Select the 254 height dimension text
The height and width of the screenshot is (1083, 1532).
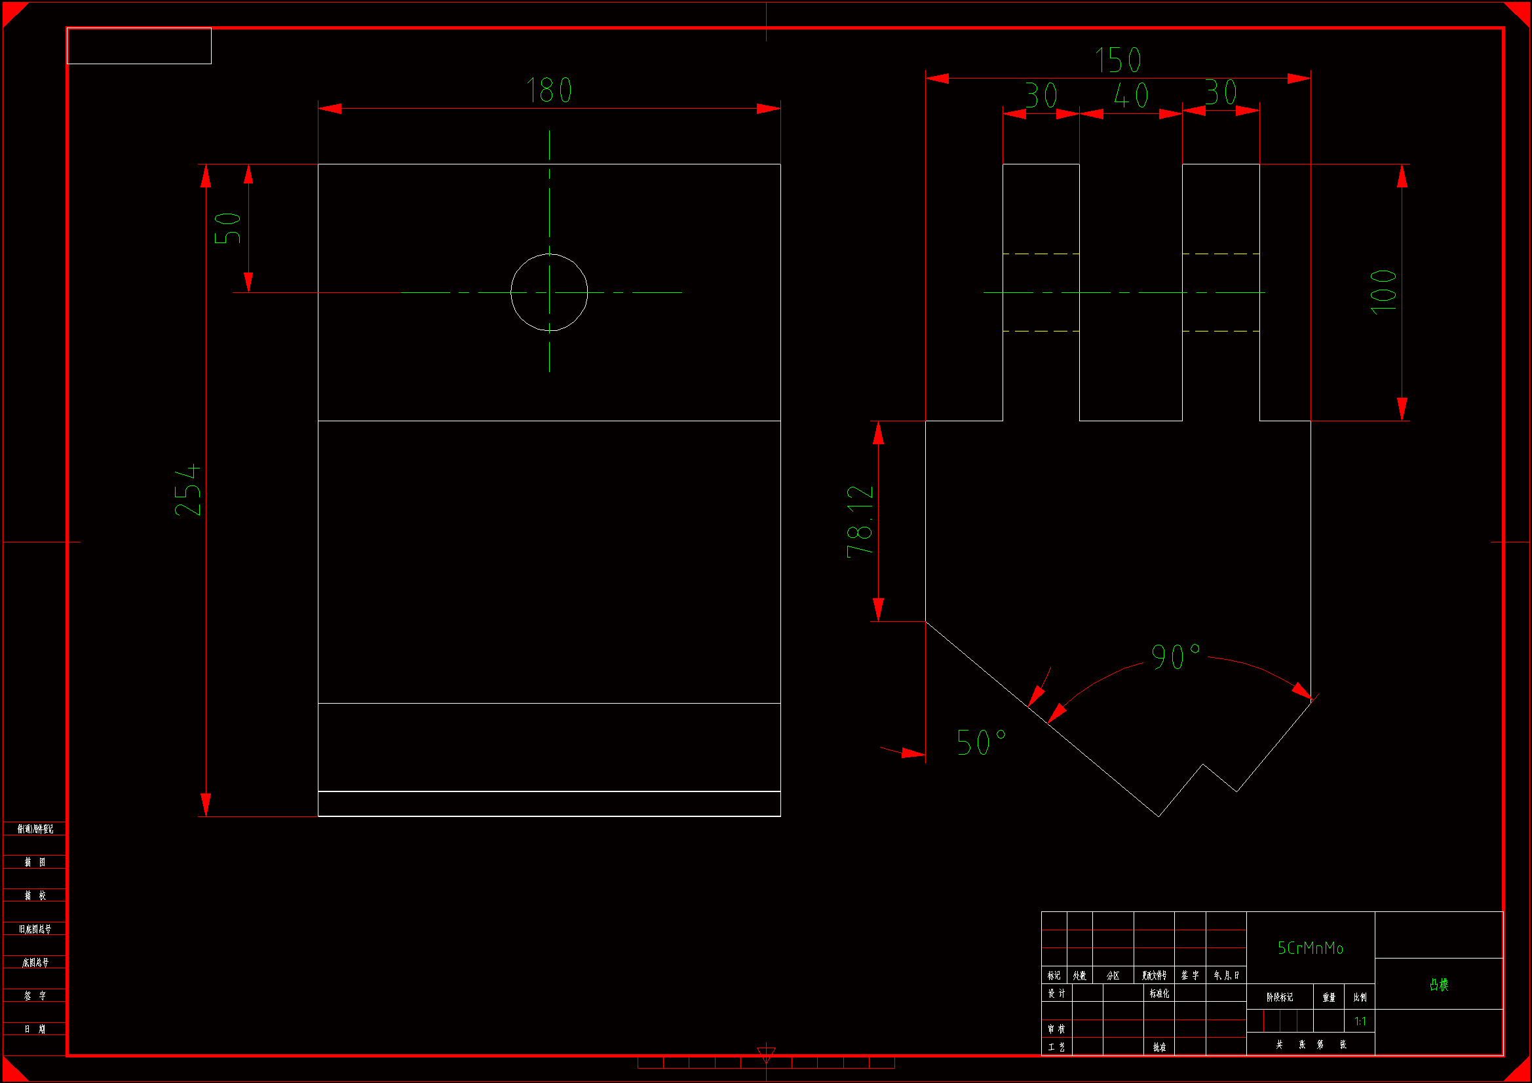187,490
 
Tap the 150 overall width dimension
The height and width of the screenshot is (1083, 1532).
1119,60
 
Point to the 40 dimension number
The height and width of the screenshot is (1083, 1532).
1131,96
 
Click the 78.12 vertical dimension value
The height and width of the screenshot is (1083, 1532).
860,521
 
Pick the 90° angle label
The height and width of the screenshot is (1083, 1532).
1176,656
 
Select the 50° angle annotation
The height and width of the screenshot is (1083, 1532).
981,742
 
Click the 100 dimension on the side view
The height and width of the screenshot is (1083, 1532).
1383,292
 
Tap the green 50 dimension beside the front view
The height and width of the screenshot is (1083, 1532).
227,228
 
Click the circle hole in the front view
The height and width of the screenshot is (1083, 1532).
549,292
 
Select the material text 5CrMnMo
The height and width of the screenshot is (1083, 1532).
1310,948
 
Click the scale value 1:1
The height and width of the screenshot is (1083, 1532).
1360,1021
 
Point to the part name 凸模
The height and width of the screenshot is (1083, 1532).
1438,985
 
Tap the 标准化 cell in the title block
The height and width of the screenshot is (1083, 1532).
1159,994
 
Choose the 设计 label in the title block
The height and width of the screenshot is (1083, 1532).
1056,994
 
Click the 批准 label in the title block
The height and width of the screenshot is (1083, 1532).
1159,1047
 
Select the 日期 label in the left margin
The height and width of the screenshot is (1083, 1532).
35,1029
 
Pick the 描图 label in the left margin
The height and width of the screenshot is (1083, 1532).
35,862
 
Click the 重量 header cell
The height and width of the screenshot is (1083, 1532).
1328,998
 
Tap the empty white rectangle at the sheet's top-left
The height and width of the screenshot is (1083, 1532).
139,46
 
